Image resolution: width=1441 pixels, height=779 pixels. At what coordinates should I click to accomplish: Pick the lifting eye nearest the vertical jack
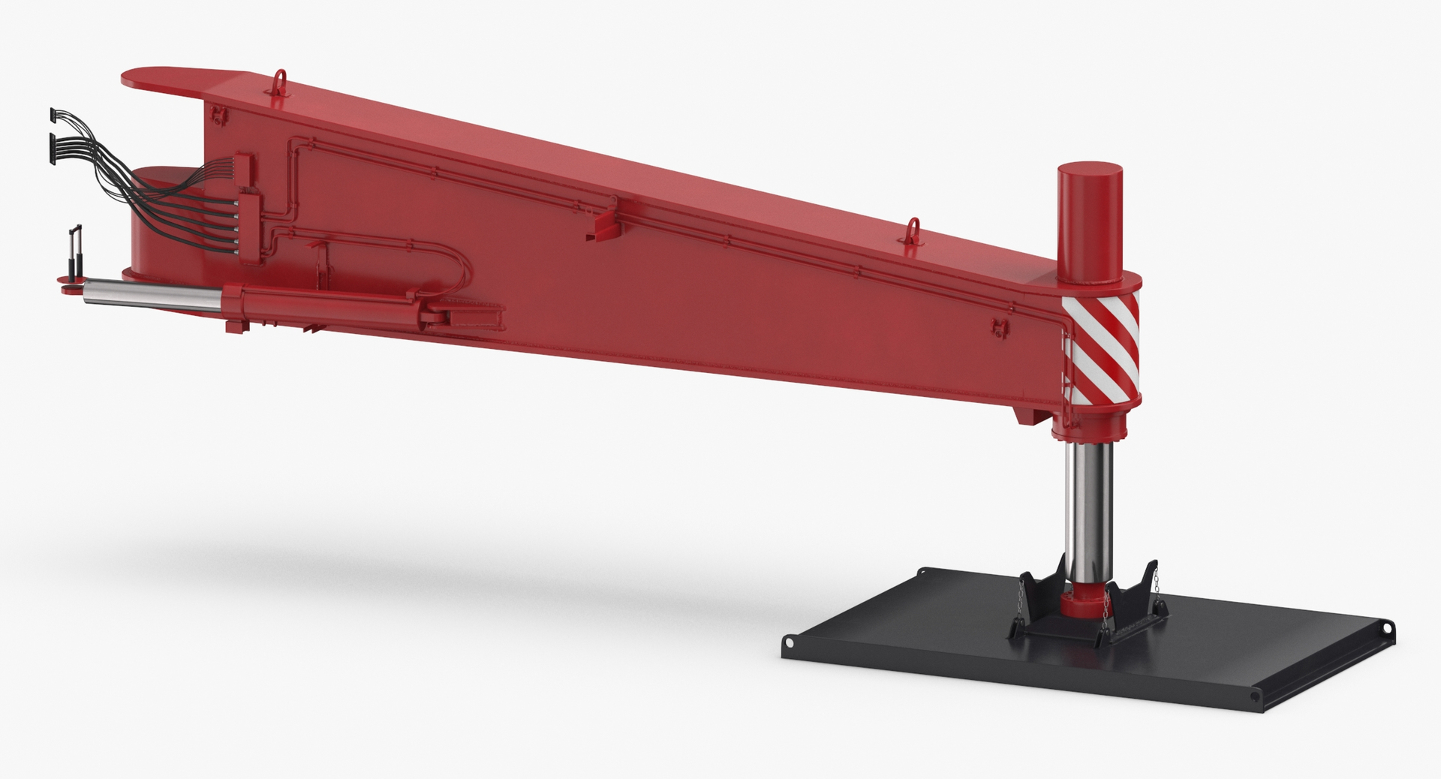[x=913, y=228]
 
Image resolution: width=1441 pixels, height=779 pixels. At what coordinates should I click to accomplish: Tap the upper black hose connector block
[x=52, y=115]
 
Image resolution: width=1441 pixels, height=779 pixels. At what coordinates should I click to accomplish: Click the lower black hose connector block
[x=51, y=139]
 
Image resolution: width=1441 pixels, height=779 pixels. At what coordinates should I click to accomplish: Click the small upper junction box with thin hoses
[x=242, y=166]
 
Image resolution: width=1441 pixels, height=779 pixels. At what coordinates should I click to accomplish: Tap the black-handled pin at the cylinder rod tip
[x=74, y=255]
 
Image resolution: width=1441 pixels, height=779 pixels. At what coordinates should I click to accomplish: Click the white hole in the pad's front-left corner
[x=790, y=642]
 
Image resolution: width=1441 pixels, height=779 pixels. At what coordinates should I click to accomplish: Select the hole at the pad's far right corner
[x=1388, y=628]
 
